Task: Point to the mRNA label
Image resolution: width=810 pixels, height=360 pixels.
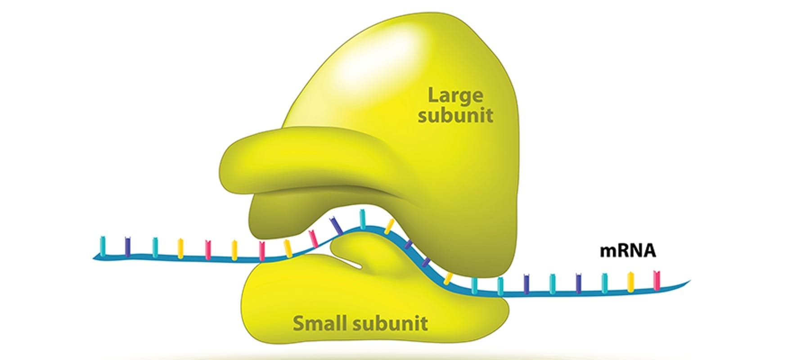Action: click(628, 251)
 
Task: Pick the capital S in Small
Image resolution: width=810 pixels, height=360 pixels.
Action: click(298, 323)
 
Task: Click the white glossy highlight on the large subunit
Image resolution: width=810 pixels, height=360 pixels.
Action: click(382, 49)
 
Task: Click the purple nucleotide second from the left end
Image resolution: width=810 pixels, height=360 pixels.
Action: click(128, 246)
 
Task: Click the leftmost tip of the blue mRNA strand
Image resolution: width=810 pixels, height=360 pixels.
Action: click(94, 258)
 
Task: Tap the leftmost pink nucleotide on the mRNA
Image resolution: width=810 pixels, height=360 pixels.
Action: click(208, 249)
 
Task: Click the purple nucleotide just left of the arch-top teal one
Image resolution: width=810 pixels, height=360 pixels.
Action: click(336, 225)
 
